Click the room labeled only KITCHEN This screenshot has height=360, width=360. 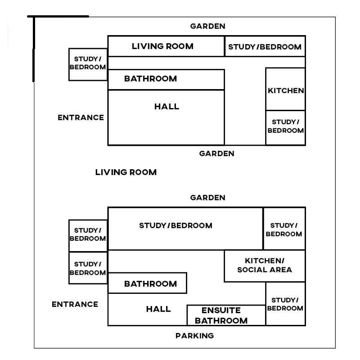pyautogui.click(x=285, y=89)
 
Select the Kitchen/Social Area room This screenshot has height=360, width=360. pyautogui.click(x=265, y=266)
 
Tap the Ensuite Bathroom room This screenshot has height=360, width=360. pyautogui.click(x=226, y=315)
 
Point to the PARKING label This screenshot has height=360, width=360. pyautogui.click(x=195, y=336)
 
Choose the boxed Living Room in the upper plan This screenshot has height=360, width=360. pyautogui.click(x=166, y=46)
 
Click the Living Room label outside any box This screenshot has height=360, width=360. pyautogui.click(x=126, y=172)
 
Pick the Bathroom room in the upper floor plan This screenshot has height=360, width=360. pyautogui.click(x=166, y=80)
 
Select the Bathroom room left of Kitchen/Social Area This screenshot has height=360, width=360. pyautogui.click(x=147, y=283)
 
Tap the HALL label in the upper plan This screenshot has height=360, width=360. pyautogui.click(x=166, y=107)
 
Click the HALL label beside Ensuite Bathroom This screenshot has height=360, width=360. pyautogui.click(x=158, y=309)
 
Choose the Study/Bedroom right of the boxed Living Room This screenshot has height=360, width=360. pyautogui.click(x=265, y=46)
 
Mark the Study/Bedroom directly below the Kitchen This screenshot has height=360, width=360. pyautogui.click(x=285, y=128)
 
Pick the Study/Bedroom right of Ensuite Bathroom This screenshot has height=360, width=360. pyautogui.click(x=285, y=304)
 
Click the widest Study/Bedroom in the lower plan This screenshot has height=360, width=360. pyautogui.click(x=185, y=229)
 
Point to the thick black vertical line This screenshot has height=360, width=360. pyautogui.click(x=34, y=49)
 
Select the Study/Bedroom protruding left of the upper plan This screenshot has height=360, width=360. pyautogui.click(x=88, y=64)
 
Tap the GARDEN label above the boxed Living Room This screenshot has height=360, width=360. pyautogui.click(x=208, y=26)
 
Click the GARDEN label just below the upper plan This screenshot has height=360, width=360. pyautogui.click(x=217, y=153)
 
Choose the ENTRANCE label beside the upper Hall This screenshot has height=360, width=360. pyautogui.click(x=81, y=117)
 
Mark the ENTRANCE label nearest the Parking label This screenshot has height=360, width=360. pyautogui.click(x=75, y=304)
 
